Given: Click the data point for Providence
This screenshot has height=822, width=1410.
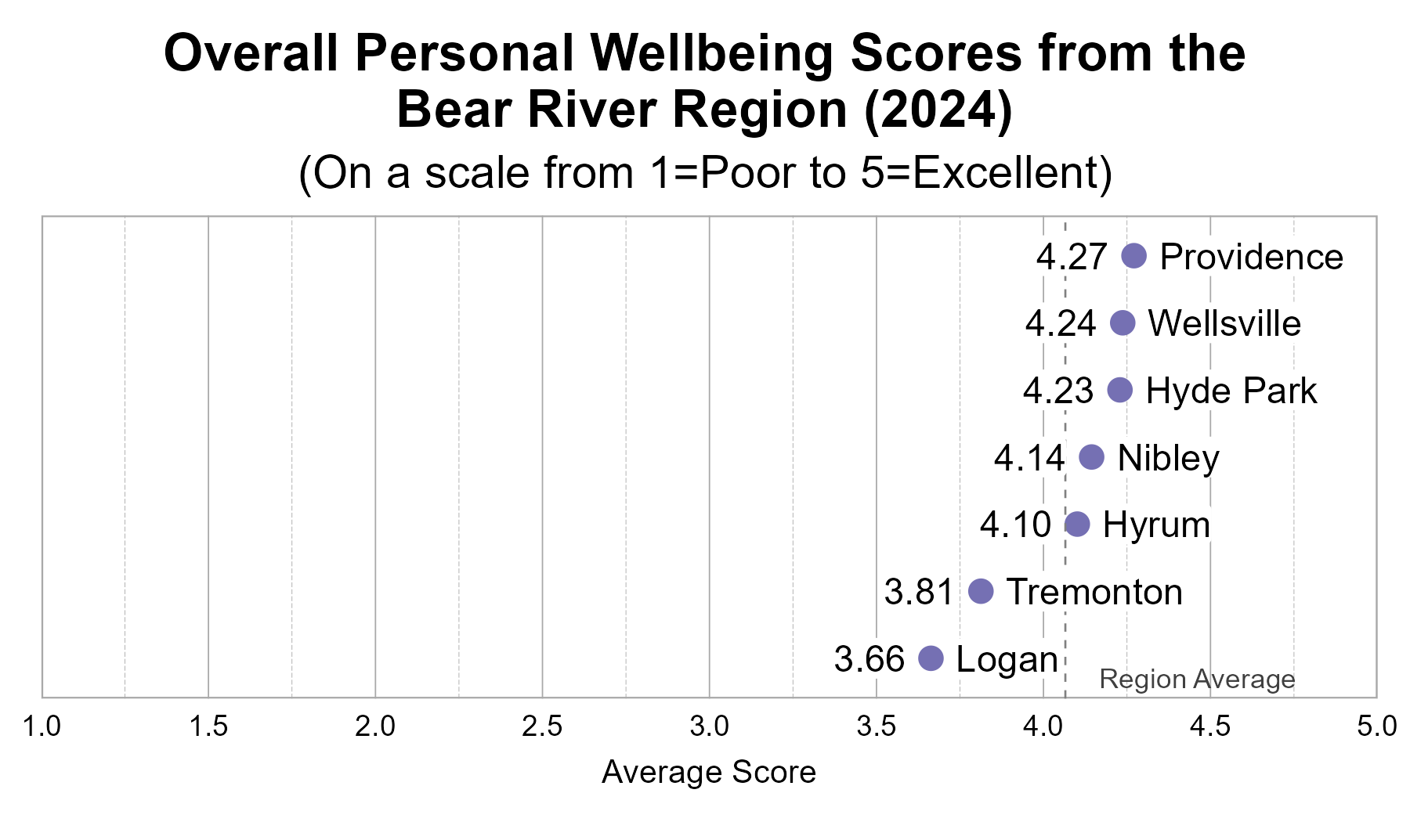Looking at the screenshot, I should pos(1133,255).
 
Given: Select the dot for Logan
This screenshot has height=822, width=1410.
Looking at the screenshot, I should pos(930,658).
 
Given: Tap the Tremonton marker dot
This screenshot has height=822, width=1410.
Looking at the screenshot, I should pos(981,591).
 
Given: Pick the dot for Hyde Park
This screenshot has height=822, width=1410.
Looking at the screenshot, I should pos(1120,390).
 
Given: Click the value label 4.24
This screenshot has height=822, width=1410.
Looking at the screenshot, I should pos(1061,323).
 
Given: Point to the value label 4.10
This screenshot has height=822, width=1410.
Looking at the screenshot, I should pos(1015,525).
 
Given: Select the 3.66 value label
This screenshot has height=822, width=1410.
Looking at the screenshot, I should pos(869,659).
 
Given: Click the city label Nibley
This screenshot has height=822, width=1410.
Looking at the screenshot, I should pos(1168,458).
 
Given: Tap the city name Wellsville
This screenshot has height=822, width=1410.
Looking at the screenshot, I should pos(1224,323).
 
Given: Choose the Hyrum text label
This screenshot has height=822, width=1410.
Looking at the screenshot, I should pos(1156,525).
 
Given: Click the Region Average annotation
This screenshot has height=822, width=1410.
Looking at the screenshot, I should pos(1197,679).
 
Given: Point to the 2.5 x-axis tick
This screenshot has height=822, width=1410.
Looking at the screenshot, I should pos(542,726).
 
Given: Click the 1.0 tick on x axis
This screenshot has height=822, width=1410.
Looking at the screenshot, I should pos(42,726).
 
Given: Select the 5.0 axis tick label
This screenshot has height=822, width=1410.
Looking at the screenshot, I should pos(1376,726).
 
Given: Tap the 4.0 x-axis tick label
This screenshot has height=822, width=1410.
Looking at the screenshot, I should pos(1043,726).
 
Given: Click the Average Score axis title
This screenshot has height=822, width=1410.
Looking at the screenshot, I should pos(709,772).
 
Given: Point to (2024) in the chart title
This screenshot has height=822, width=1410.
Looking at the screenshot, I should pos(938,110).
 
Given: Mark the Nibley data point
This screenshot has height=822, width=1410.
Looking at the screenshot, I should pos(1091,457).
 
